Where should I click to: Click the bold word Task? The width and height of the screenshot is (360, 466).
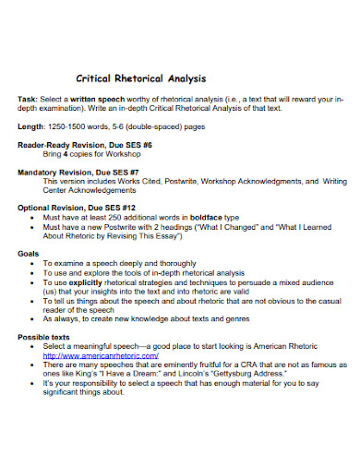click(28, 99)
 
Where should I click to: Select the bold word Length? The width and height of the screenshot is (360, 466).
click(31, 126)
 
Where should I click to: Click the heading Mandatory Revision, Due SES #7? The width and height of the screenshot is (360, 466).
click(78, 173)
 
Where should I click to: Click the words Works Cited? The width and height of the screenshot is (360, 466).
click(136, 182)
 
